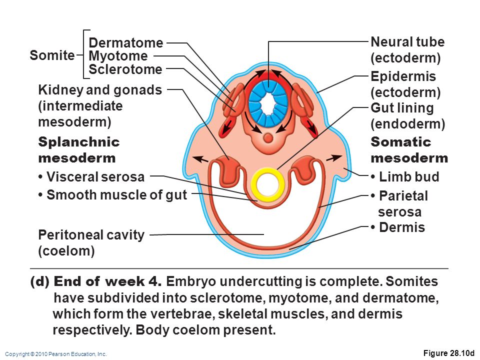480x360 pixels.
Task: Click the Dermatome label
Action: (126, 43)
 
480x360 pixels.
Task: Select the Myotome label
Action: (118, 56)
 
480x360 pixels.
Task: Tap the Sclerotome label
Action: (125, 69)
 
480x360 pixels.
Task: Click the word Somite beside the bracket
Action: (51, 55)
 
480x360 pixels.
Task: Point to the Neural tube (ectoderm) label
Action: (407, 50)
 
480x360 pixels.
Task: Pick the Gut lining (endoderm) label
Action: (407, 115)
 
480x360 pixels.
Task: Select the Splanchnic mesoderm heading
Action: (79, 150)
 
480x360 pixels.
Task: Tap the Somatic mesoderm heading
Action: (409, 150)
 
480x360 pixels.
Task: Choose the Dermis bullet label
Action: (398, 228)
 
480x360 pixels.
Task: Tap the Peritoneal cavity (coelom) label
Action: (91, 242)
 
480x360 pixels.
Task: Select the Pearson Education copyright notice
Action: (56, 354)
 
